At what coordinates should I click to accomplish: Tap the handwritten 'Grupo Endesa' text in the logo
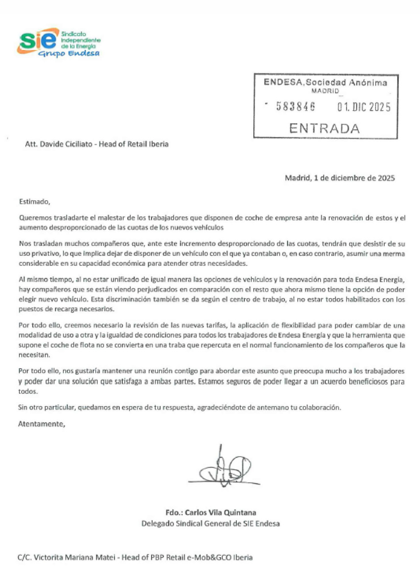pyautogui.click(x=69, y=54)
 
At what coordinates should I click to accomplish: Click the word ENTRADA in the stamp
pyautogui.click(x=324, y=128)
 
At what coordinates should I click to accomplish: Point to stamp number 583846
pyautogui.click(x=296, y=107)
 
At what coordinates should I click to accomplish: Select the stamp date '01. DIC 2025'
pyautogui.click(x=364, y=107)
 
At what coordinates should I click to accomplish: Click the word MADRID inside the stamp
pyautogui.click(x=325, y=91)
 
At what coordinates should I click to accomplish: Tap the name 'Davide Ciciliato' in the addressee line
pyautogui.click(x=66, y=144)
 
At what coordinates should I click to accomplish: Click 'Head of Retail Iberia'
pyautogui.click(x=133, y=144)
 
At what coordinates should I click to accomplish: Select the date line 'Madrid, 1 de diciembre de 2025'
pyautogui.click(x=340, y=178)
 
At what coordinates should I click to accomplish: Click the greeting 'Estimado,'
pyautogui.click(x=35, y=202)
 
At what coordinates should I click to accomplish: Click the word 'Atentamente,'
pyautogui.click(x=42, y=424)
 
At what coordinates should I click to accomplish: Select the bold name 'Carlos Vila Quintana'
pyautogui.click(x=220, y=512)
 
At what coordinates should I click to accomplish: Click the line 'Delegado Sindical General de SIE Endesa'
pyautogui.click(x=210, y=523)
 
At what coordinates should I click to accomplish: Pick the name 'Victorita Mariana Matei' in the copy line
pyautogui.click(x=74, y=557)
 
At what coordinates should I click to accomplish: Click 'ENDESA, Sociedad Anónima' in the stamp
pyautogui.click(x=325, y=82)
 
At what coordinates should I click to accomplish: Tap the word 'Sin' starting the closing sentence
pyautogui.click(x=22, y=407)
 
